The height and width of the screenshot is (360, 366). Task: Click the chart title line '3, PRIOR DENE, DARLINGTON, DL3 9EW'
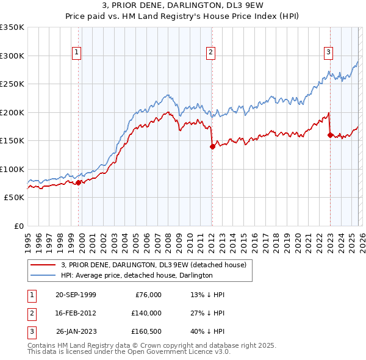coord(182,6)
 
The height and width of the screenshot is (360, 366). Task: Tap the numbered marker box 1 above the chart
coord(77,53)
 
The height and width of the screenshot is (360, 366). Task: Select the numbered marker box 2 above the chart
coord(210,53)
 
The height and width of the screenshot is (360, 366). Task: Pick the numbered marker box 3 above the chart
coord(328,53)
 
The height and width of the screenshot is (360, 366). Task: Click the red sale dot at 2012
coord(212,146)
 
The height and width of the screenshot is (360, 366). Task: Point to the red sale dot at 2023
coord(330,135)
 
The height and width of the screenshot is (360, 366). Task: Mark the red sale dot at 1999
coord(79,182)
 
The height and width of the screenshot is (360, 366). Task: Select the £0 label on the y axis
coord(18,226)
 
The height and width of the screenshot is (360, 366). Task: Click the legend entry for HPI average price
coord(136,276)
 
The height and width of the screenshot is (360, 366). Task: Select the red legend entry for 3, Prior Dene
coord(153,265)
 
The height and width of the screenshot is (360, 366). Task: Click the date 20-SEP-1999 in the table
coord(76,295)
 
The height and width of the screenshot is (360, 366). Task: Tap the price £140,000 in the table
coord(146,313)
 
